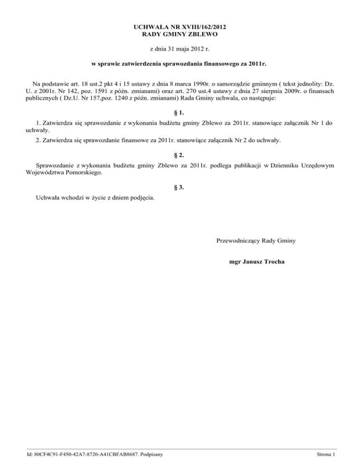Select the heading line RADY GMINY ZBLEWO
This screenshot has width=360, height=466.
(180, 34)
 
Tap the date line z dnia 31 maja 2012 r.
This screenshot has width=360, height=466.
(180, 49)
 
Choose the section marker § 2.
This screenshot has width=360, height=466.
(180, 154)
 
